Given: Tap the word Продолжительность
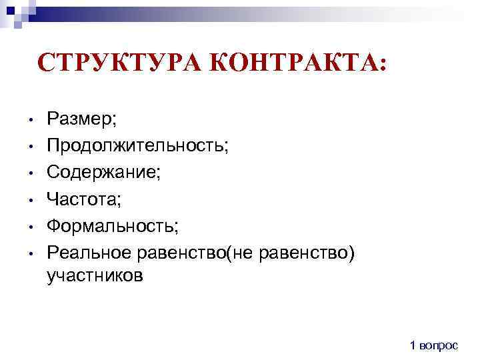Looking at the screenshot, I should click(x=137, y=145).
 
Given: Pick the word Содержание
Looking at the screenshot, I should click(x=103, y=172).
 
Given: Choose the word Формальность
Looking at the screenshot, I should click(x=112, y=225).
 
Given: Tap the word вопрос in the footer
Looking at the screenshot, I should click(x=439, y=345).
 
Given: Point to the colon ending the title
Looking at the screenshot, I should click(x=381, y=65).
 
